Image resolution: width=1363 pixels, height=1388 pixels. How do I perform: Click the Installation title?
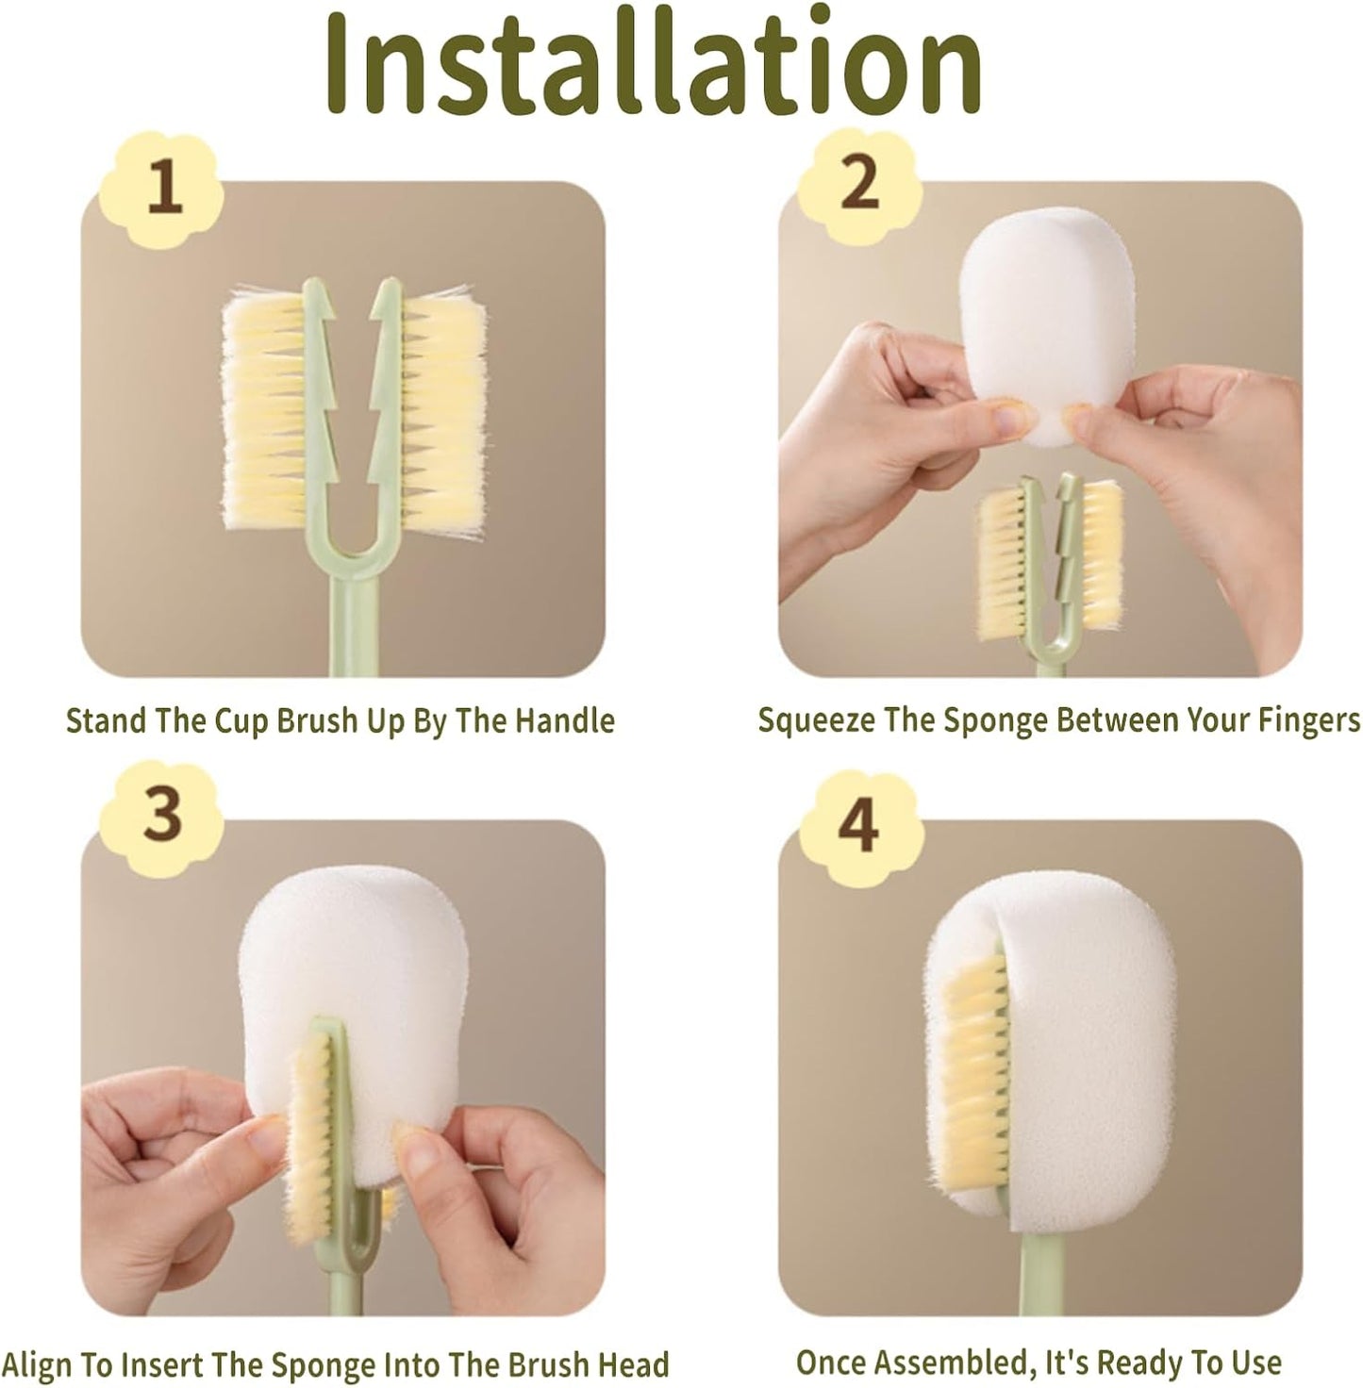[x=654, y=61]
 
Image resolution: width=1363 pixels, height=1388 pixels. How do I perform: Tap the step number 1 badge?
[x=161, y=189]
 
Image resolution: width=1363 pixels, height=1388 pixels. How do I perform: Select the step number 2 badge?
[x=859, y=186]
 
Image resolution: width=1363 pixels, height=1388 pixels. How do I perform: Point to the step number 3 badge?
[x=160, y=818]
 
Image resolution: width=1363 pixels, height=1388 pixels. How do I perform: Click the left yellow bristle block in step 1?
[x=264, y=408]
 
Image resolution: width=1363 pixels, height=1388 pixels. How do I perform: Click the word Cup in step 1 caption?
[x=243, y=722]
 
